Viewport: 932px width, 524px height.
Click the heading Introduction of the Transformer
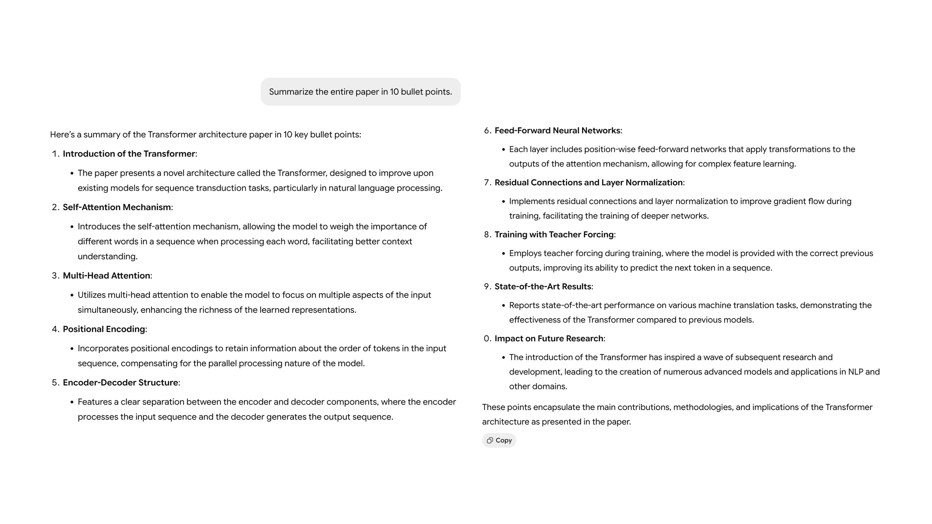(129, 154)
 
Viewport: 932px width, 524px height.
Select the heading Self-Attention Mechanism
(117, 207)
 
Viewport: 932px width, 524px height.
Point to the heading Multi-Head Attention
(106, 276)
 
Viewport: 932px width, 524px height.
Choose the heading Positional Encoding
(104, 329)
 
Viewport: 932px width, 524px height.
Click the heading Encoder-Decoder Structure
(120, 383)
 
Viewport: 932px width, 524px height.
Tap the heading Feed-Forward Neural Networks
(557, 131)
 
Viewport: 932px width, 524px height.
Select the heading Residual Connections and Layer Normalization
(589, 183)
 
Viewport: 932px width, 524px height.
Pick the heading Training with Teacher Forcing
(554, 235)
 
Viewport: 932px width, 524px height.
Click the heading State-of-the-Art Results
(543, 287)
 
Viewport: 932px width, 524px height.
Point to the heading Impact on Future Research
(549, 338)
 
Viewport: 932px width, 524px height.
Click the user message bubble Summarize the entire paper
(360, 92)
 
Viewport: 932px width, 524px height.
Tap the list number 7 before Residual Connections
(487, 183)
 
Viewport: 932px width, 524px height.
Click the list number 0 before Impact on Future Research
(487, 338)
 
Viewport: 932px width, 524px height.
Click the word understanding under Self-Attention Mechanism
(108, 256)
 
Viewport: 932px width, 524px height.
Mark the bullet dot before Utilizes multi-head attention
(72, 295)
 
